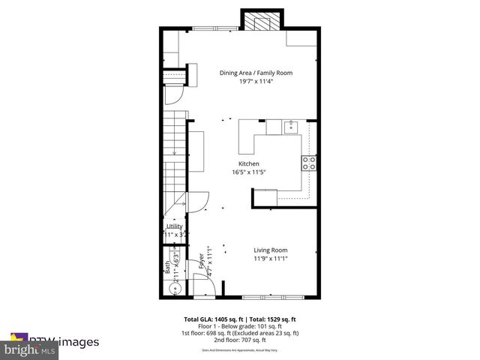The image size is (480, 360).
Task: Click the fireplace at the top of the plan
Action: click(x=262, y=20)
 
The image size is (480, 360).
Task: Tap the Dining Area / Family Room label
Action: click(x=256, y=73)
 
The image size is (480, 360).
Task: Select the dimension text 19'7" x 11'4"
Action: click(x=256, y=82)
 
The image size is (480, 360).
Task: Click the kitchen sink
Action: click(x=292, y=127)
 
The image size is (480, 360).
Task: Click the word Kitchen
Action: click(x=249, y=163)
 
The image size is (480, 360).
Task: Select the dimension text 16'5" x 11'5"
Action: click(x=249, y=172)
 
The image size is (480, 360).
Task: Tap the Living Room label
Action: click(x=270, y=250)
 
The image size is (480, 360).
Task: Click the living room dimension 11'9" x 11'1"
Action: click(x=270, y=259)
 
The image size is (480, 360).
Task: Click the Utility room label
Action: click(x=174, y=226)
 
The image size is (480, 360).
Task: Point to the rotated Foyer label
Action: click(x=201, y=261)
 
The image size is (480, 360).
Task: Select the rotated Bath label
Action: click(x=167, y=267)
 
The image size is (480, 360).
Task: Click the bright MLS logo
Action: click(x=30, y=349)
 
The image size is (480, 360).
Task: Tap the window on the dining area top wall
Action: click(x=214, y=30)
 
